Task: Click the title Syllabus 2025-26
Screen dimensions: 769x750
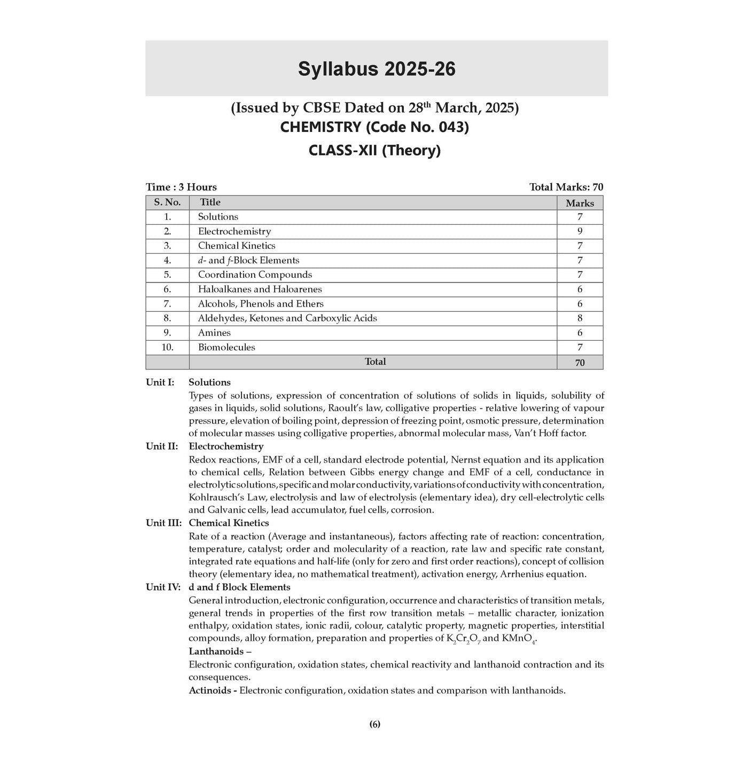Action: [x=377, y=69]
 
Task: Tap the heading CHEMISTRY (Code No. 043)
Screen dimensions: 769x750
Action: [x=374, y=128]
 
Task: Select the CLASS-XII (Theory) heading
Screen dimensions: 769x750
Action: [x=374, y=151]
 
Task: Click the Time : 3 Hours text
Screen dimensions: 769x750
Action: [x=181, y=187]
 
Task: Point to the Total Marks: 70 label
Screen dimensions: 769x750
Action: [x=566, y=187]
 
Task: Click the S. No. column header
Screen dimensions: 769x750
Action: [x=167, y=202]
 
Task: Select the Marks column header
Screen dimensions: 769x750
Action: [x=580, y=203]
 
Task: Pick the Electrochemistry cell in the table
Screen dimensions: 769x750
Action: [x=235, y=231]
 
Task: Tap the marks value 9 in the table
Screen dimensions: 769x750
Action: [x=580, y=231]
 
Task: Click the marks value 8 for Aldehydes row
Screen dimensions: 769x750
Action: [x=580, y=318]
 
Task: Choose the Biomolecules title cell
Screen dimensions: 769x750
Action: [x=226, y=347]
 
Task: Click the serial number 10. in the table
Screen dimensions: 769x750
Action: [x=167, y=347]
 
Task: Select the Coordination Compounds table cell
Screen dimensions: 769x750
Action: [x=255, y=274]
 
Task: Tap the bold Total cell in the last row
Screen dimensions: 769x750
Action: [x=375, y=362]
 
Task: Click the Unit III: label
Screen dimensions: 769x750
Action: [x=163, y=523]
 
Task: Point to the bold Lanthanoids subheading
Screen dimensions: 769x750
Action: [x=220, y=652]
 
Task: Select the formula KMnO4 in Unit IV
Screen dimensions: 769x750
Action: [x=518, y=639]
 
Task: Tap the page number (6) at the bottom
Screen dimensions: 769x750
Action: [x=374, y=724]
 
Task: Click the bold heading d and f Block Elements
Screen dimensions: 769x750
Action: [x=239, y=587]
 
